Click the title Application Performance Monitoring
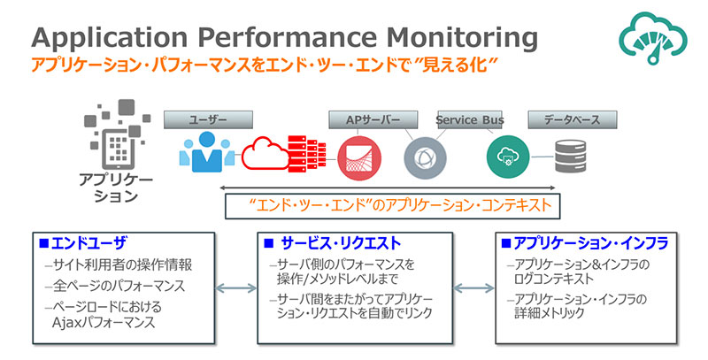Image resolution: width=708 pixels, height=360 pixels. click(x=283, y=37)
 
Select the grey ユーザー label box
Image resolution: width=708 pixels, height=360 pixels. click(x=209, y=119)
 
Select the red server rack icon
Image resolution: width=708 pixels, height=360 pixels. click(x=305, y=152)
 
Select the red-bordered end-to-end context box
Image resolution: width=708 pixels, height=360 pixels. click(x=393, y=206)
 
